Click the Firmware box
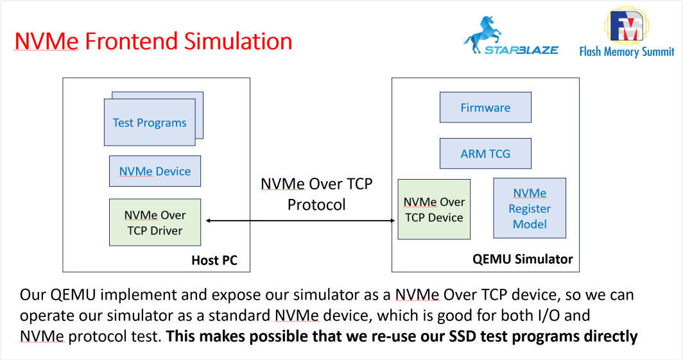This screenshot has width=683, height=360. [x=485, y=107]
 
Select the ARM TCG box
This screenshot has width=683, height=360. [x=485, y=154]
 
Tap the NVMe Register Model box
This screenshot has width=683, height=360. [x=530, y=209]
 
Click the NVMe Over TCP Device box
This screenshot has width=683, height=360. [x=434, y=210]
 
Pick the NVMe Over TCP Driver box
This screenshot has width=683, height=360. [x=154, y=223]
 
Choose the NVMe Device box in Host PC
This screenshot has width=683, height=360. [x=155, y=171]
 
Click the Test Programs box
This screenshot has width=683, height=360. [x=150, y=123]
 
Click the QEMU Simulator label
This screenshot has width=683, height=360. [x=523, y=259]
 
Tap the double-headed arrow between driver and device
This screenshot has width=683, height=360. [x=299, y=221]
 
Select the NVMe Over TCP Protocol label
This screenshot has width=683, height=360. [x=316, y=194]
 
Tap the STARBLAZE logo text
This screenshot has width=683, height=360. [x=521, y=50]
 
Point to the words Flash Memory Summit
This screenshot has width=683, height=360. [x=627, y=52]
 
